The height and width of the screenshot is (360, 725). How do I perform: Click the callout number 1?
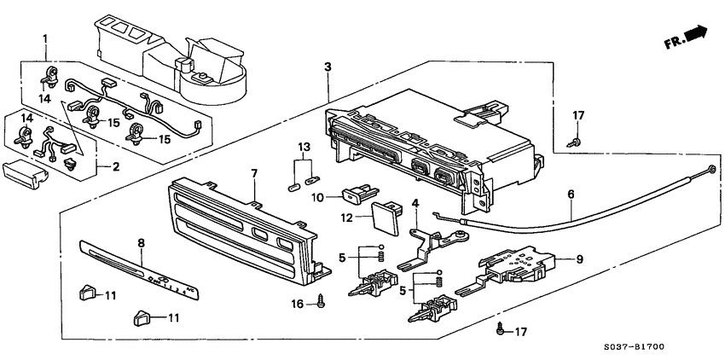pos(45,38)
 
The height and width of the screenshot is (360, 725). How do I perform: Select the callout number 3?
pos(328,67)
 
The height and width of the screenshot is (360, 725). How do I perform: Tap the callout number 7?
pos(253,174)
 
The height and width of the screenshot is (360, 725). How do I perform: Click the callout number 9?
pos(578,259)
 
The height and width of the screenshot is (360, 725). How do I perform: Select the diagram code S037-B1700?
pos(665,349)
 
